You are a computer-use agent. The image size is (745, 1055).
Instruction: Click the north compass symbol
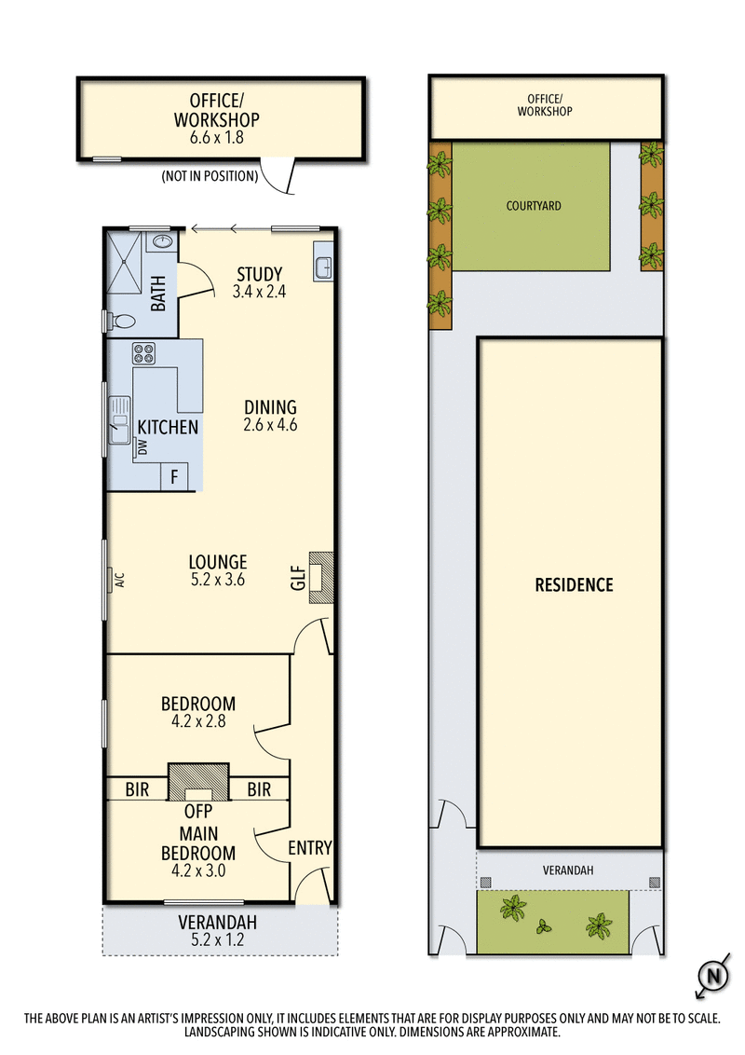pyautogui.click(x=712, y=977)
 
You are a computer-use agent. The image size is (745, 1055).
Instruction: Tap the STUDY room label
pyautogui.click(x=259, y=274)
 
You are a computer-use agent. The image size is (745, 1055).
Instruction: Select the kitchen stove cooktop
pyautogui.click(x=144, y=353)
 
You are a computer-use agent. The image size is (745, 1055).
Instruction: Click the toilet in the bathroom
pyautogui.click(x=122, y=322)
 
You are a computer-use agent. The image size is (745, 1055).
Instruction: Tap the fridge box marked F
pyautogui.click(x=173, y=477)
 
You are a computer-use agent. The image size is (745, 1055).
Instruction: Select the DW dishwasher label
pyautogui.click(x=142, y=448)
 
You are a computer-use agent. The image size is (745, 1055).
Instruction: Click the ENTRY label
pyautogui.click(x=309, y=847)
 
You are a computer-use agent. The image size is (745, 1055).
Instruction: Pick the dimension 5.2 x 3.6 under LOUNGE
pyautogui.click(x=217, y=580)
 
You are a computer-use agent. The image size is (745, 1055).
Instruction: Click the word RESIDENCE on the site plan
pyautogui.click(x=574, y=585)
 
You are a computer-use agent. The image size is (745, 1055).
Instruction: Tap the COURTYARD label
pyautogui.click(x=535, y=206)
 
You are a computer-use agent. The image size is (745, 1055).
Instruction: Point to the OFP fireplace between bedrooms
pyautogui.click(x=197, y=784)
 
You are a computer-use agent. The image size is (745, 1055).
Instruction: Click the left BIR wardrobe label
pyautogui.click(x=137, y=789)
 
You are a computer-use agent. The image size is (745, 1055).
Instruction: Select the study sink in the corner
pyautogui.click(x=323, y=266)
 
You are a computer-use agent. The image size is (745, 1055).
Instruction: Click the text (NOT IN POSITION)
pyautogui.click(x=210, y=175)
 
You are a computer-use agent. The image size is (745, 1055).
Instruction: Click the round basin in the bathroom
pyautogui.click(x=163, y=241)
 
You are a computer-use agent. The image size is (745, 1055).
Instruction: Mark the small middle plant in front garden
pyautogui.click(x=545, y=926)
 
